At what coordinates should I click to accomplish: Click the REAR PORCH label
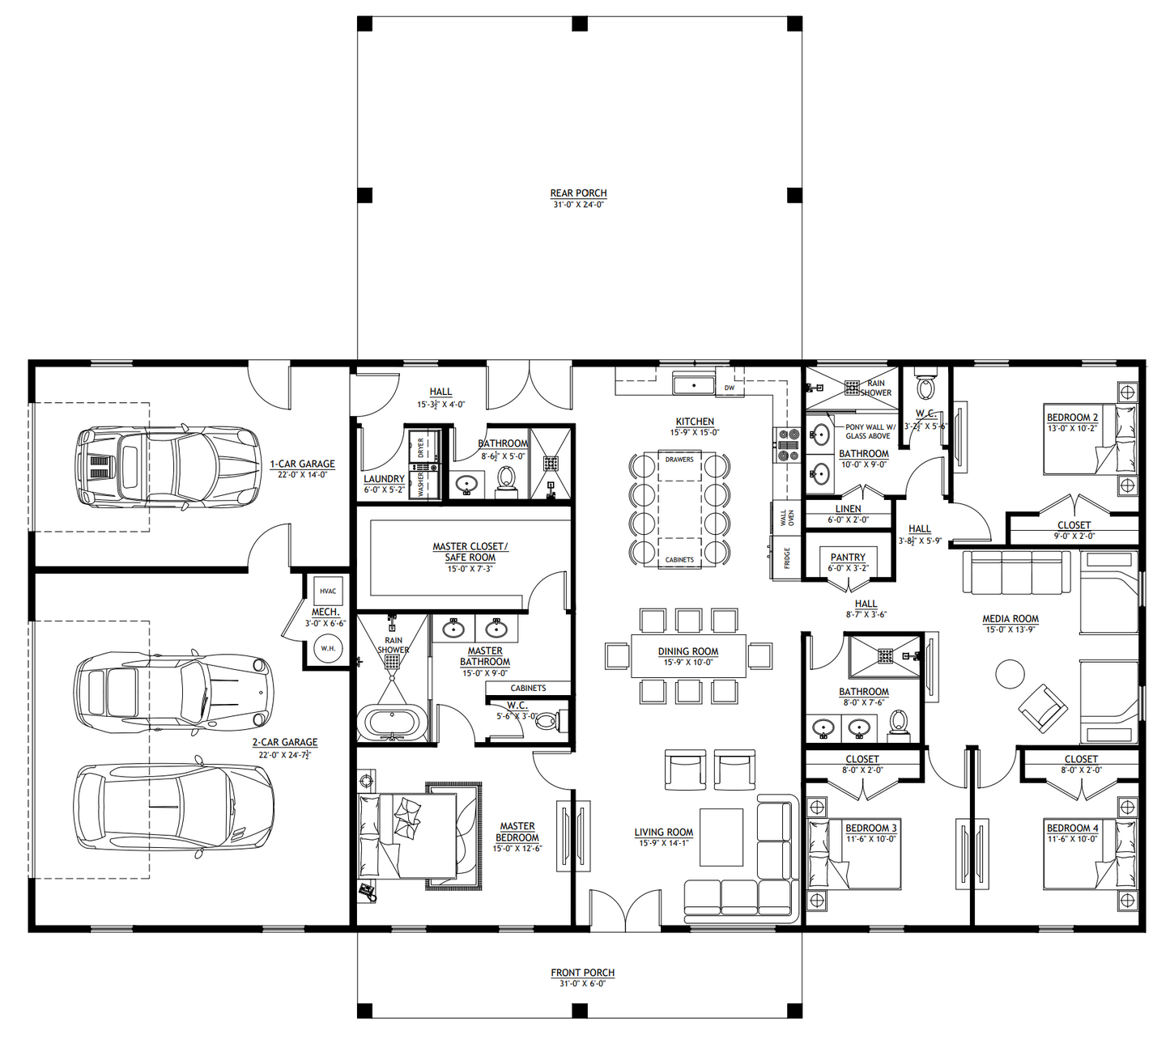point(578,193)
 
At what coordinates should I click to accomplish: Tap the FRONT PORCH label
point(582,973)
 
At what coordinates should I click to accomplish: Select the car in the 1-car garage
point(168,468)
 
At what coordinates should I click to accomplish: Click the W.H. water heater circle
point(328,648)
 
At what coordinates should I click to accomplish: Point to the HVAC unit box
point(327,591)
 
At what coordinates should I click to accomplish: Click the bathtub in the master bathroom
point(392,723)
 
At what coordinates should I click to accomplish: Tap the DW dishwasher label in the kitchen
point(730,388)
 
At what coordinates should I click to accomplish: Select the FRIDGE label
point(786,558)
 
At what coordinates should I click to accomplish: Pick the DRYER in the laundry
point(422,447)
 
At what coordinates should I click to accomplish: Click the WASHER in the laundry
point(422,484)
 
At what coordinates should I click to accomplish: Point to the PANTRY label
point(848,558)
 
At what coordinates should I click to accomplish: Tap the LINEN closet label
point(848,509)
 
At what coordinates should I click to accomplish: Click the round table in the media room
point(1010,674)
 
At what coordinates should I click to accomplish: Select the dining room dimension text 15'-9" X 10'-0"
point(688,663)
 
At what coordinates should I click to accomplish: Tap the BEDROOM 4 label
point(1072,828)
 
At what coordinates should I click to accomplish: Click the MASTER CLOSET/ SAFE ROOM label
point(470,552)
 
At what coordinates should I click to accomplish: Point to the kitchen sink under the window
point(694,384)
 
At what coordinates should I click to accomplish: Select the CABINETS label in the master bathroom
point(528,688)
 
